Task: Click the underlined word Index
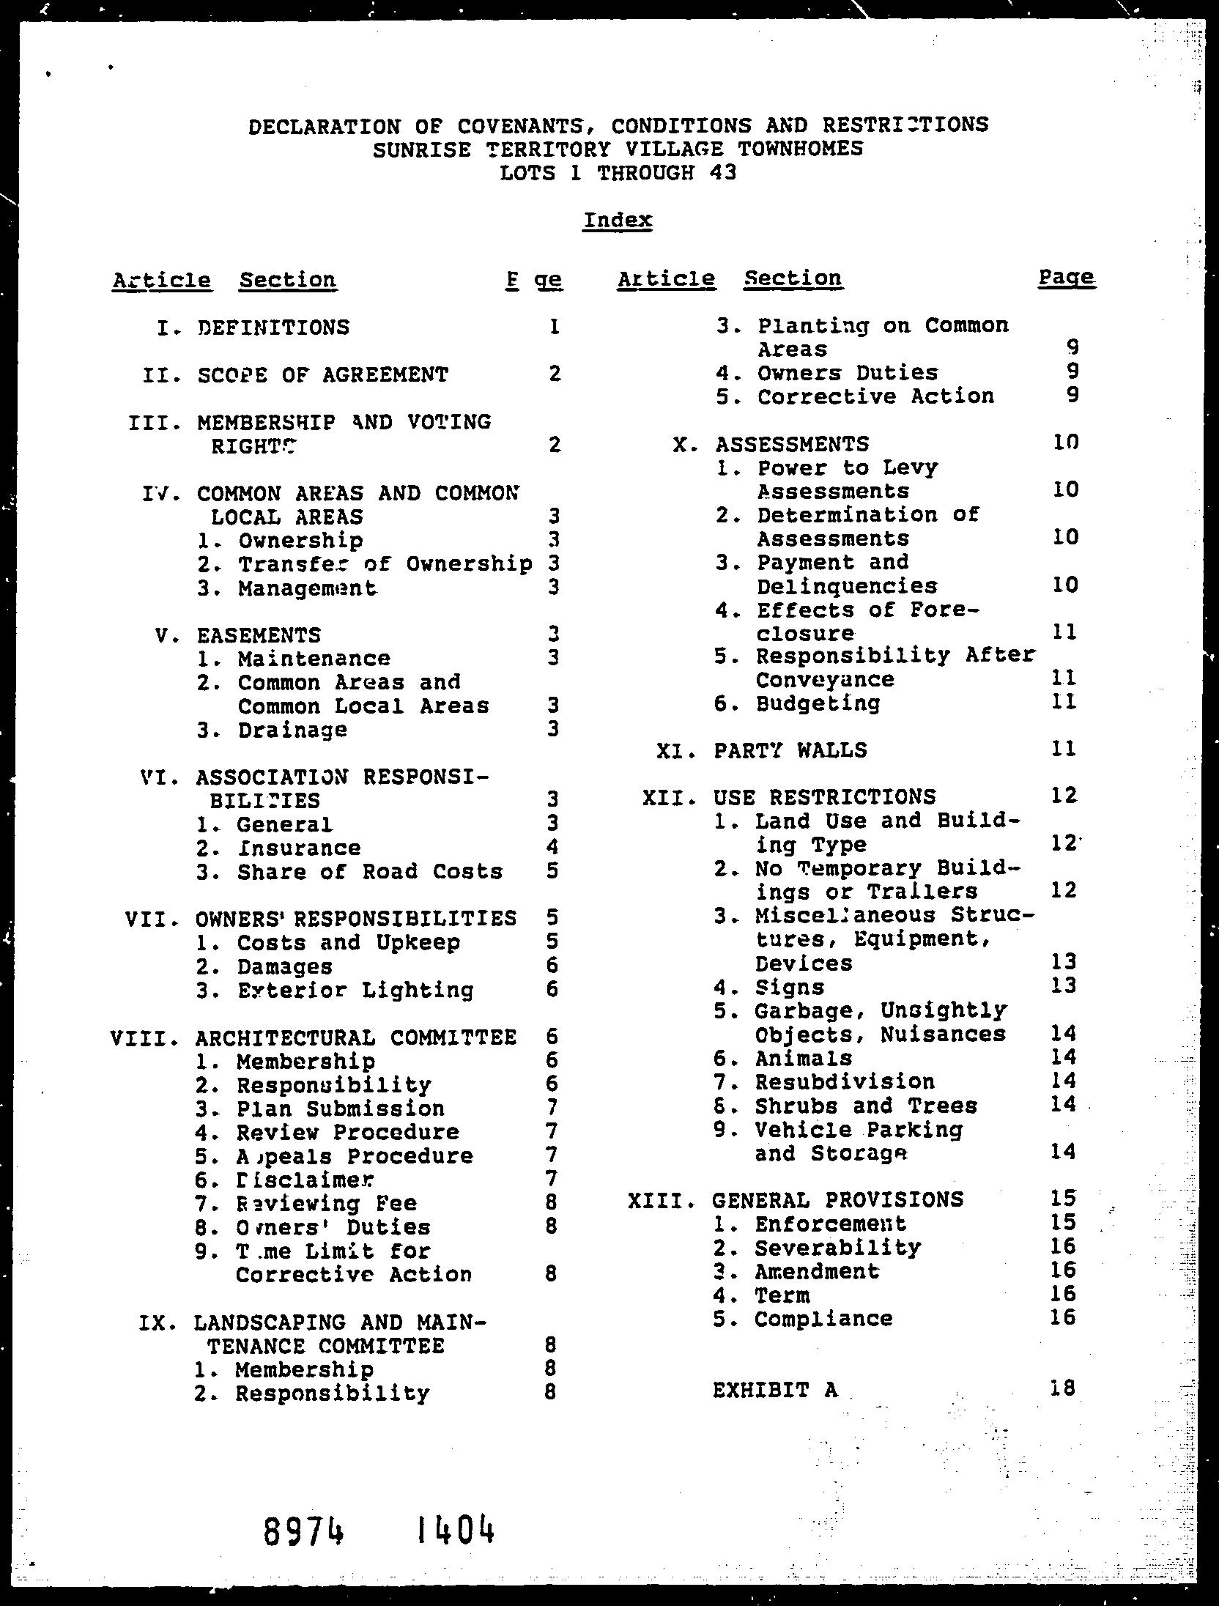pyautogui.click(x=618, y=220)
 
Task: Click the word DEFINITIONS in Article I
pyautogui.click(x=273, y=327)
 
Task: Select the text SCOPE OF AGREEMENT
pyautogui.click(x=322, y=374)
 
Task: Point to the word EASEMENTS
pyautogui.click(x=259, y=634)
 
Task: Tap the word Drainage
pyautogui.click(x=292, y=730)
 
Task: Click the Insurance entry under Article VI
pyautogui.click(x=298, y=848)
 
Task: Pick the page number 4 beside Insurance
pyautogui.click(x=552, y=848)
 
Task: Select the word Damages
pyautogui.click(x=284, y=966)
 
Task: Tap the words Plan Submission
pyautogui.click(x=340, y=1109)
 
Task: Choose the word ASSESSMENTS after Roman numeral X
pyautogui.click(x=792, y=444)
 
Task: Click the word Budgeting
pyautogui.click(x=818, y=703)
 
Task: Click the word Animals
pyautogui.click(x=804, y=1058)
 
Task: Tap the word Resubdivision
pyautogui.click(x=845, y=1081)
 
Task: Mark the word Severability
pyautogui.click(x=837, y=1247)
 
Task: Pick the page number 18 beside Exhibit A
pyautogui.click(x=1061, y=1388)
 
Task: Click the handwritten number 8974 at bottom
pyautogui.click(x=303, y=1530)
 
